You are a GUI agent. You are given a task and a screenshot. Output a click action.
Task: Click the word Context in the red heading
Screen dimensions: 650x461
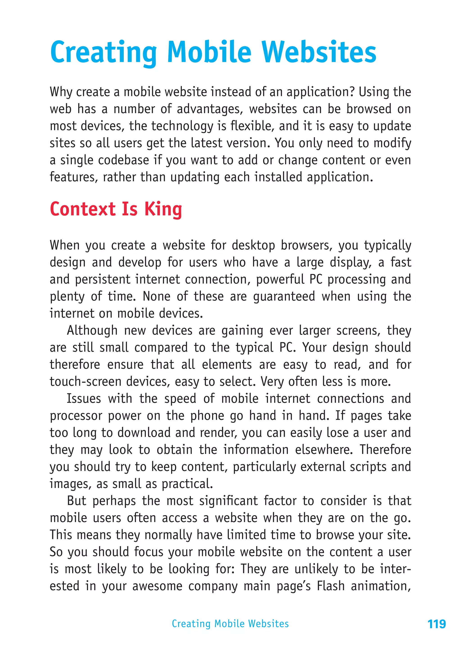coord(83,209)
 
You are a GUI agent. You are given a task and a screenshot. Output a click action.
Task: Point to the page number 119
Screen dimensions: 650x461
coord(437,624)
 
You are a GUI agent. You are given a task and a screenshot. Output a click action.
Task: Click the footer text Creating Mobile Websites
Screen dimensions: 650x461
coord(230,624)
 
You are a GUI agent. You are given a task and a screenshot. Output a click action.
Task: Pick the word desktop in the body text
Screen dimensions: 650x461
coord(253,245)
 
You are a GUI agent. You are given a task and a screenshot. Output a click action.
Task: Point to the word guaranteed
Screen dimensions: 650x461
coord(284,296)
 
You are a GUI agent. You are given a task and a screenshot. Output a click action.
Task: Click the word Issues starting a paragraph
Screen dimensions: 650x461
coord(84,399)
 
